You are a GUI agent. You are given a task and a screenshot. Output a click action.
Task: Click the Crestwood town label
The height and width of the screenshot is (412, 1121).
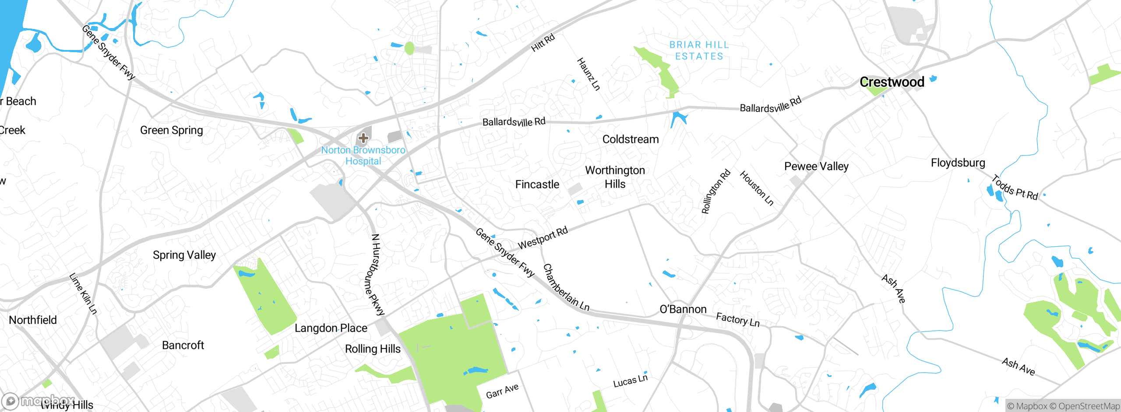[x=892, y=82]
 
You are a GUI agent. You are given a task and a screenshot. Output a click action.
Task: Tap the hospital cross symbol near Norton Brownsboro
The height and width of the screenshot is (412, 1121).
[x=363, y=138]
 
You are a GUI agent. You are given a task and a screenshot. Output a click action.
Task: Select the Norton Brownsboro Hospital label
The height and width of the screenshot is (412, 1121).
[x=363, y=156]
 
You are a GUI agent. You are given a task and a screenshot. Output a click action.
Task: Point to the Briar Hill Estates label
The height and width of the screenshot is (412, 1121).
[x=699, y=50]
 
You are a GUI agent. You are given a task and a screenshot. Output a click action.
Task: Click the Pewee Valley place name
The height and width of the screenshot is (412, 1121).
[x=816, y=167]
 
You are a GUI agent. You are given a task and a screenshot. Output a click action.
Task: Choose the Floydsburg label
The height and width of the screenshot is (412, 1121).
[x=958, y=163]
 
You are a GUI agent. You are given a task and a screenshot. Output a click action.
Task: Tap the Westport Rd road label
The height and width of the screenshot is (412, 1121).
[x=543, y=238]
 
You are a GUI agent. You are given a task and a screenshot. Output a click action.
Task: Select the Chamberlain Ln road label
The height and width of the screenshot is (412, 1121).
[x=566, y=288]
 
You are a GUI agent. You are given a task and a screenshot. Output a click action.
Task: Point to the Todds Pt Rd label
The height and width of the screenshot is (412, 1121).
[x=1015, y=188]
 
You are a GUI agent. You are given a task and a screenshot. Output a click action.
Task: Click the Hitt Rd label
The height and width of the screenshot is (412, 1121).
[x=543, y=43]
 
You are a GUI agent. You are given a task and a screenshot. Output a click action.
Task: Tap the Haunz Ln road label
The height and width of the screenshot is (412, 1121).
[x=588, y=74]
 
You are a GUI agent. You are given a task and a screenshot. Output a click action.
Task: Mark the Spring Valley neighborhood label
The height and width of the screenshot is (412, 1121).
[x=184, y=255]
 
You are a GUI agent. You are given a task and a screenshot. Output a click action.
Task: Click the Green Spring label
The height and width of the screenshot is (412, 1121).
[x=171, y=131]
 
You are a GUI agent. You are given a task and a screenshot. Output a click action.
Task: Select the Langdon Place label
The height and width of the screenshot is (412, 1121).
[x=331, y=328]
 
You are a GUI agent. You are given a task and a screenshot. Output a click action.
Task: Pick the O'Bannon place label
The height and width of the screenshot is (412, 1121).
[x=683, y=309]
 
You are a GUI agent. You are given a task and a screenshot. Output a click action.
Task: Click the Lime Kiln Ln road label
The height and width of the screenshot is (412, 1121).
[x=83, y=294]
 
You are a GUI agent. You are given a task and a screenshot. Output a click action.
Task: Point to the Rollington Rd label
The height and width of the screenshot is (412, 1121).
[x=716, y=192]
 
